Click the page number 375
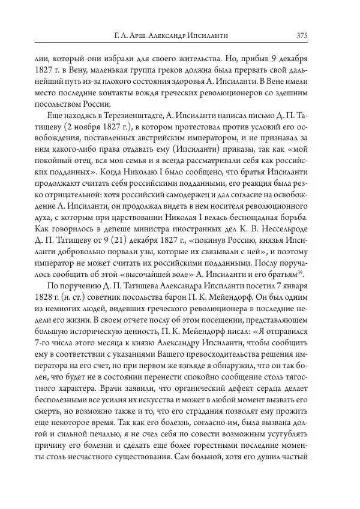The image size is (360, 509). pos(302,36)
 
